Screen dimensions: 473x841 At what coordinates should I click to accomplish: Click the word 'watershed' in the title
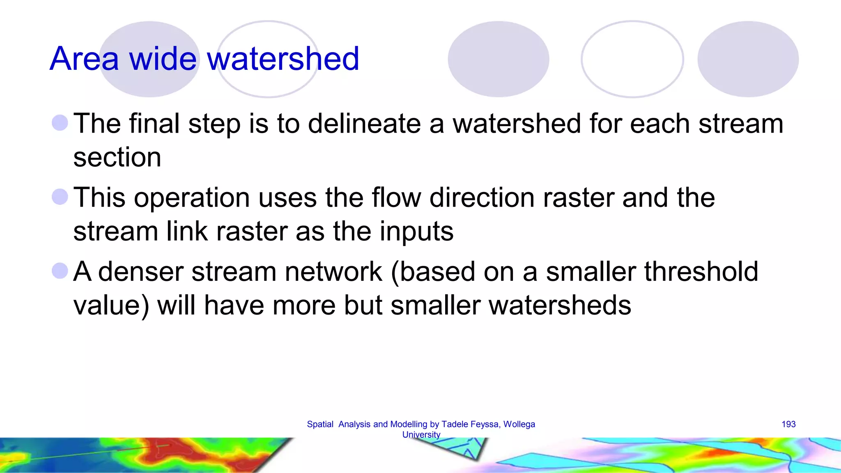[283, 59]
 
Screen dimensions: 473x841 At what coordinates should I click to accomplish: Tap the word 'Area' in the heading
[84, 59]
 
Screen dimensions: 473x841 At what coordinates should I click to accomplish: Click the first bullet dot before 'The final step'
[60, 123]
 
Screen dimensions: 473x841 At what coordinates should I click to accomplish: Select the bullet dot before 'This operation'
[60, 197]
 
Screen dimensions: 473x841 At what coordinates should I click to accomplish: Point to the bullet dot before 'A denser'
[60, 271]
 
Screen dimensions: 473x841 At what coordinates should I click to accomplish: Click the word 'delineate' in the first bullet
[364, 124]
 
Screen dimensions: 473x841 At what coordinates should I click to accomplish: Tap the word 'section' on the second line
[117, 157]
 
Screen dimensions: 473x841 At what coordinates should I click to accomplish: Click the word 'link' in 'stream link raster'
[187, 231]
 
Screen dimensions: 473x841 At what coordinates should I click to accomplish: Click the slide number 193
[788, 424]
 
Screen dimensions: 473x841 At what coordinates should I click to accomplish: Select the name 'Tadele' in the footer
[455, 424]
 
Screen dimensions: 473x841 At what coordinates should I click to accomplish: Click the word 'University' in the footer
[421, 434]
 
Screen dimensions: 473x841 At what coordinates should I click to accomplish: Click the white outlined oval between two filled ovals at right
[632, 59]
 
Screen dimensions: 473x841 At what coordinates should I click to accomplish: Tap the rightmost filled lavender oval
[748, 59]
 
